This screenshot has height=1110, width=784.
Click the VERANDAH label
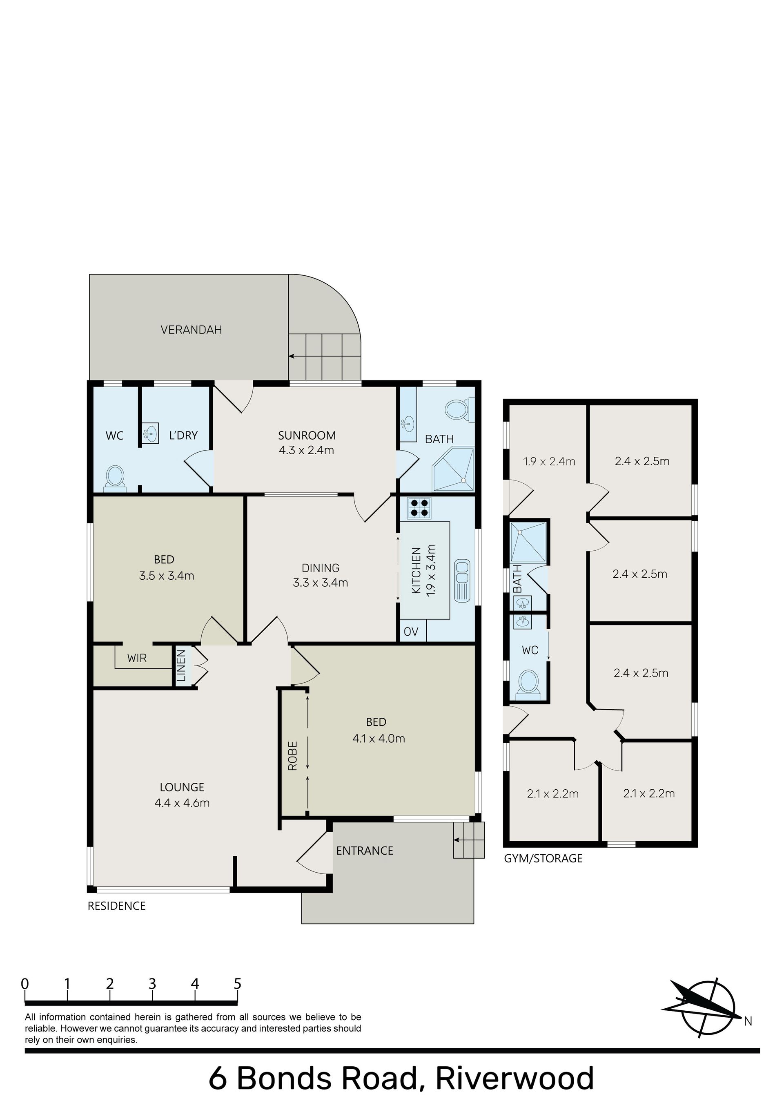coord(191,330)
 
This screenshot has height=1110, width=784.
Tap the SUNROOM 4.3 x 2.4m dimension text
coord(306,450)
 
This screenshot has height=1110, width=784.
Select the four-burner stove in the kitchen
coord(419,508)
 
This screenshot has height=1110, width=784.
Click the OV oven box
coord(411,632)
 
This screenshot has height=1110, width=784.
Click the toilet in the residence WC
coord(115,478)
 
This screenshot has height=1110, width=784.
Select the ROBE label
coord(292,756)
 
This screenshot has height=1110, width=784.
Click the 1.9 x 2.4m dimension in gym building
coord(549,461)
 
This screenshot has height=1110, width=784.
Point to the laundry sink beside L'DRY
coord(151,433)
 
